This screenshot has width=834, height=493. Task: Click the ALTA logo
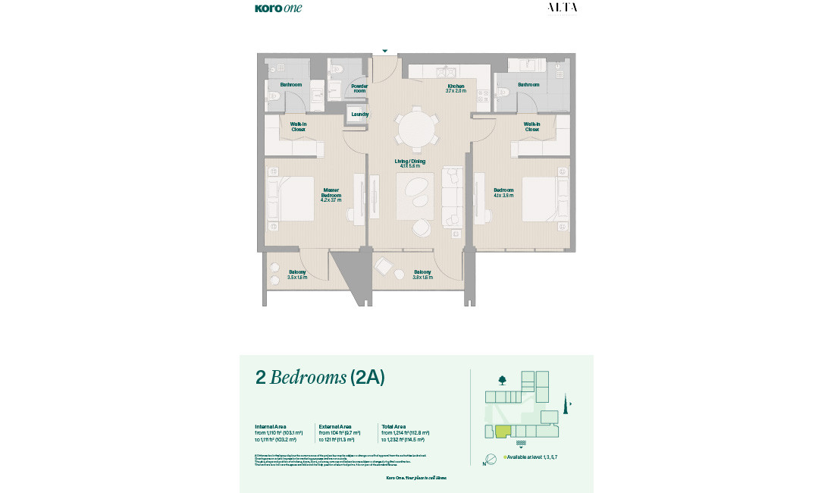pos(562,8)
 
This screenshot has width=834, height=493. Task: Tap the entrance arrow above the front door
pos(385,52)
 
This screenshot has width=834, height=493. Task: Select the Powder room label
pos(359,89)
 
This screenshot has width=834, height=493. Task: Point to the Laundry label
pos(359,115)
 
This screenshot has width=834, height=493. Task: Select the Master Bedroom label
pos(331,195)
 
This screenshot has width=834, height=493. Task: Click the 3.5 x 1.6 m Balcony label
pos(297,275)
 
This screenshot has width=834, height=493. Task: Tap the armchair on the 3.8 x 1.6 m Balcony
pos(384,267)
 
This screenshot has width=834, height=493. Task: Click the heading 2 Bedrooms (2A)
pos(320,378)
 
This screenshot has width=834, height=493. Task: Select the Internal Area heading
pos(270,426)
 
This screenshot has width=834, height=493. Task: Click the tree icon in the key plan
pos(502,380)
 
